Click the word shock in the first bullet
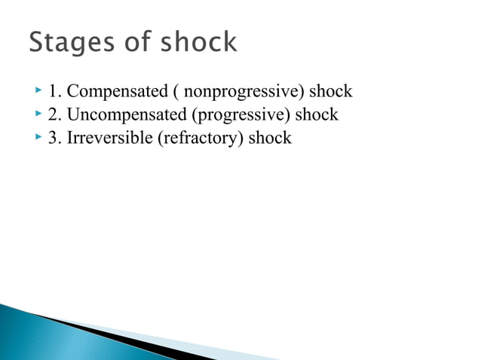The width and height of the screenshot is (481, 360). coord(332,92)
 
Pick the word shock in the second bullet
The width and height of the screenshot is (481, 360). coord(317,115)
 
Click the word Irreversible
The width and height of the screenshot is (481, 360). coord(107,139)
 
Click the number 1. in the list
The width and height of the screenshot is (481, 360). coord(54,93)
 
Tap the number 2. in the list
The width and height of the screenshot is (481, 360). coord(54,116)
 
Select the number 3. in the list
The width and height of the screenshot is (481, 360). coord(54,139)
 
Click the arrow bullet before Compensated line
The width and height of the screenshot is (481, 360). coord(38,92)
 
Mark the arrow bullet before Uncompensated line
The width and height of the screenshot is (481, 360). coord(38,114)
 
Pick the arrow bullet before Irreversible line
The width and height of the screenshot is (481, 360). coord(38,138)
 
